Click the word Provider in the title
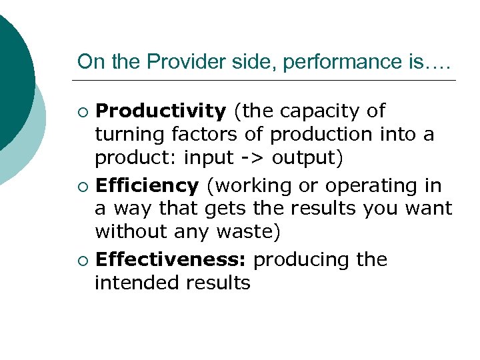click(177, 62)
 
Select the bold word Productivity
click(161, 111)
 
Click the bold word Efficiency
click(147, 185)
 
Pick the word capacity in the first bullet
click(323, 111)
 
